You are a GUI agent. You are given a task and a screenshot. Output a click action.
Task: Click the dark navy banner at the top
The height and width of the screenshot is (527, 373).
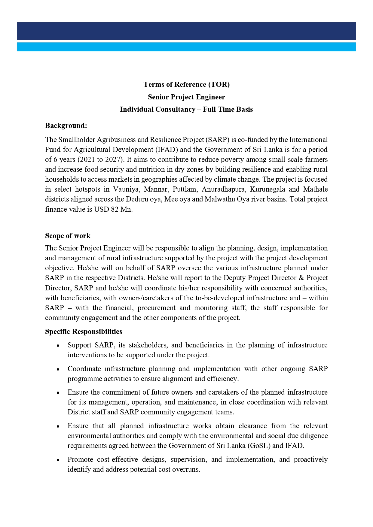click(186, 31)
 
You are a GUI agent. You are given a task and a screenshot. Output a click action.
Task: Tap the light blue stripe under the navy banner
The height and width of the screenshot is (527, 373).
click(186, 47)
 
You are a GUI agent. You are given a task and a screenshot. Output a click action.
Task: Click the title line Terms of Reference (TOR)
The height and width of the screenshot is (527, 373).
click(186, 84)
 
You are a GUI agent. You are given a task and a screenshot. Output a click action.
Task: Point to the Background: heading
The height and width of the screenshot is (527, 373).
click(66, 126)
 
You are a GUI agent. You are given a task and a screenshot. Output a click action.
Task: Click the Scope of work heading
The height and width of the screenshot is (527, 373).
click(68, 236)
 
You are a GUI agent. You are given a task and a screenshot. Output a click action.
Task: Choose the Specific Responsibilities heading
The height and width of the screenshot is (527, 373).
click(84, 332)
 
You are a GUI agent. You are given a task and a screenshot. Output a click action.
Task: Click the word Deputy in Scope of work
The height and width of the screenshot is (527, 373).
click(234, 278)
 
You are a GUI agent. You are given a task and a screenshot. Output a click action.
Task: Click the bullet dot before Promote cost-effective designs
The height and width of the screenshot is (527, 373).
click(58, 460)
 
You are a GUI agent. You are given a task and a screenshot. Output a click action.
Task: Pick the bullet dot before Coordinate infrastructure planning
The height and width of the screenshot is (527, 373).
click(58, 369)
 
